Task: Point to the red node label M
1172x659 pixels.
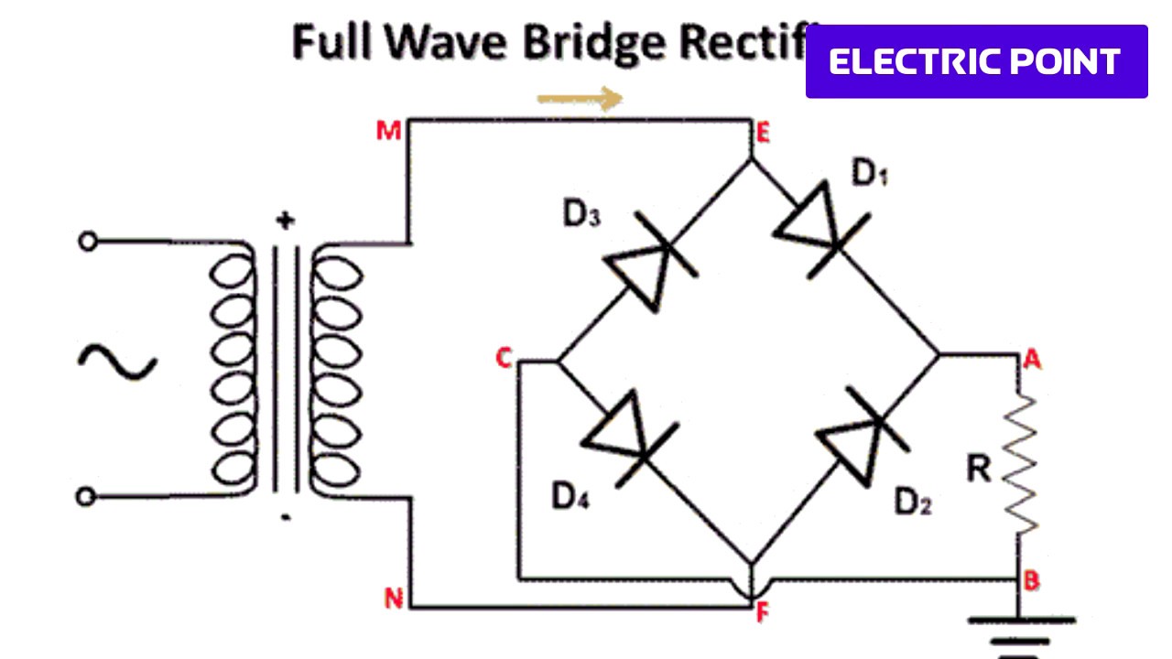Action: coord(389,132)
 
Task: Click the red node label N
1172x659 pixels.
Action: coord(394,599)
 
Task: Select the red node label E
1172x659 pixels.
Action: coord(762,135)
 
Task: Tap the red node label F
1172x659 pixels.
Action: coord(763,614)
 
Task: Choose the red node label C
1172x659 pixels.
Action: coord(503,359)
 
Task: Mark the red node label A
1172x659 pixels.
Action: coord(1033,360)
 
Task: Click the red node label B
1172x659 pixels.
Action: coord(1031,581)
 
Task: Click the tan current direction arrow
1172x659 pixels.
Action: coord(579,98)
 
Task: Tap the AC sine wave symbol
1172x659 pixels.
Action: coord(117,362)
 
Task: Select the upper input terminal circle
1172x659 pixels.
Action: coord(87,242)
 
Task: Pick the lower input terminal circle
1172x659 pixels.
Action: coord(85,496)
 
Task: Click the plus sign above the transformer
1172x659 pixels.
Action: coord(287,220)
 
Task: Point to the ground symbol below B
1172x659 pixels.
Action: coord(1019,636)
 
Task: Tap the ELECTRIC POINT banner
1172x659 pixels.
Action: coord(976,61)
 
